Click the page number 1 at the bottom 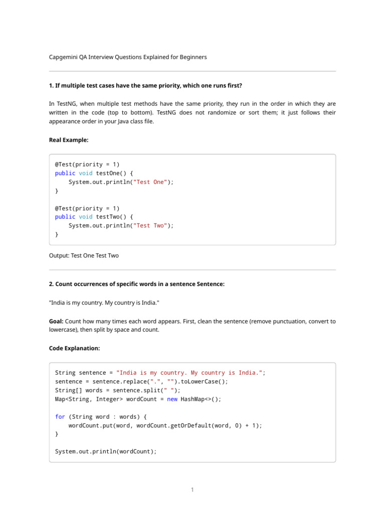[x=192, y=490]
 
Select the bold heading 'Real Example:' [x=69, y=140]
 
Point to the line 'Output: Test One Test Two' [x=84, y=255]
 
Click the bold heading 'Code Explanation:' [x=74, y=348]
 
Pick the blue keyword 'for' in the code [x=60, y=417]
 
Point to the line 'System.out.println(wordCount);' [x=105, y=451]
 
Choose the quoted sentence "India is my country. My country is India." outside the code [x=105, y=303]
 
